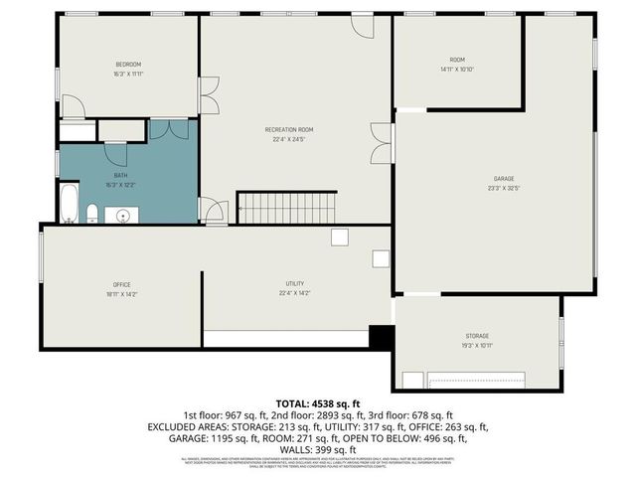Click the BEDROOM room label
point(128,65)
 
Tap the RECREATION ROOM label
point(289,130)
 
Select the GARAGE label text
point(504,178)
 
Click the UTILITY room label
point(294,284)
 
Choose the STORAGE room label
point(477,336)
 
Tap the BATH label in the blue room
point(120,176)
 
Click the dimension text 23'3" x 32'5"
point(504,188)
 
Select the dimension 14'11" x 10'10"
point(458,69)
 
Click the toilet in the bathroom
point(92,213)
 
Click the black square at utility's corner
point(381,337)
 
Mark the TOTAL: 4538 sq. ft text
point(318,402)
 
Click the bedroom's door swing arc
point(75,106)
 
